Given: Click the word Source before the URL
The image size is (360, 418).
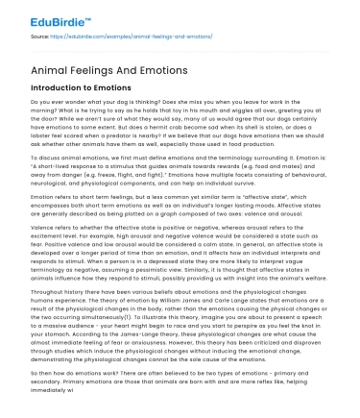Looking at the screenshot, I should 42,37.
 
